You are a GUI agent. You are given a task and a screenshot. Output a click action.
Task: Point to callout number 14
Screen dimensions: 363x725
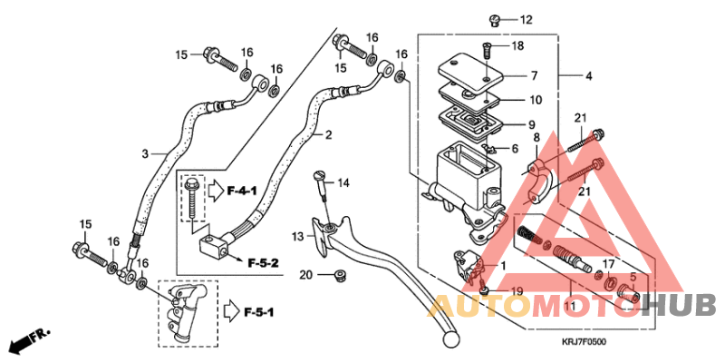[x=343, y=183]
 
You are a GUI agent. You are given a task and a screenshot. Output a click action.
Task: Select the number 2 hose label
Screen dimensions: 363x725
[x=328, y=135]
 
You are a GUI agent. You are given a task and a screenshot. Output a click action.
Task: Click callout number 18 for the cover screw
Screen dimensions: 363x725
[x=517, y=45]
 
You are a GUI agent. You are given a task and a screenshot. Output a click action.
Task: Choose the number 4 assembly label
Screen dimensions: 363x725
[x=588, y=75]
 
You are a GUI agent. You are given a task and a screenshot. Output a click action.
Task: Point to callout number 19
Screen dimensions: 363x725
[x=517, y=291]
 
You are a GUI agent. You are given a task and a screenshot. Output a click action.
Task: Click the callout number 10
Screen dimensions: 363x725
[x=536, y=100]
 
